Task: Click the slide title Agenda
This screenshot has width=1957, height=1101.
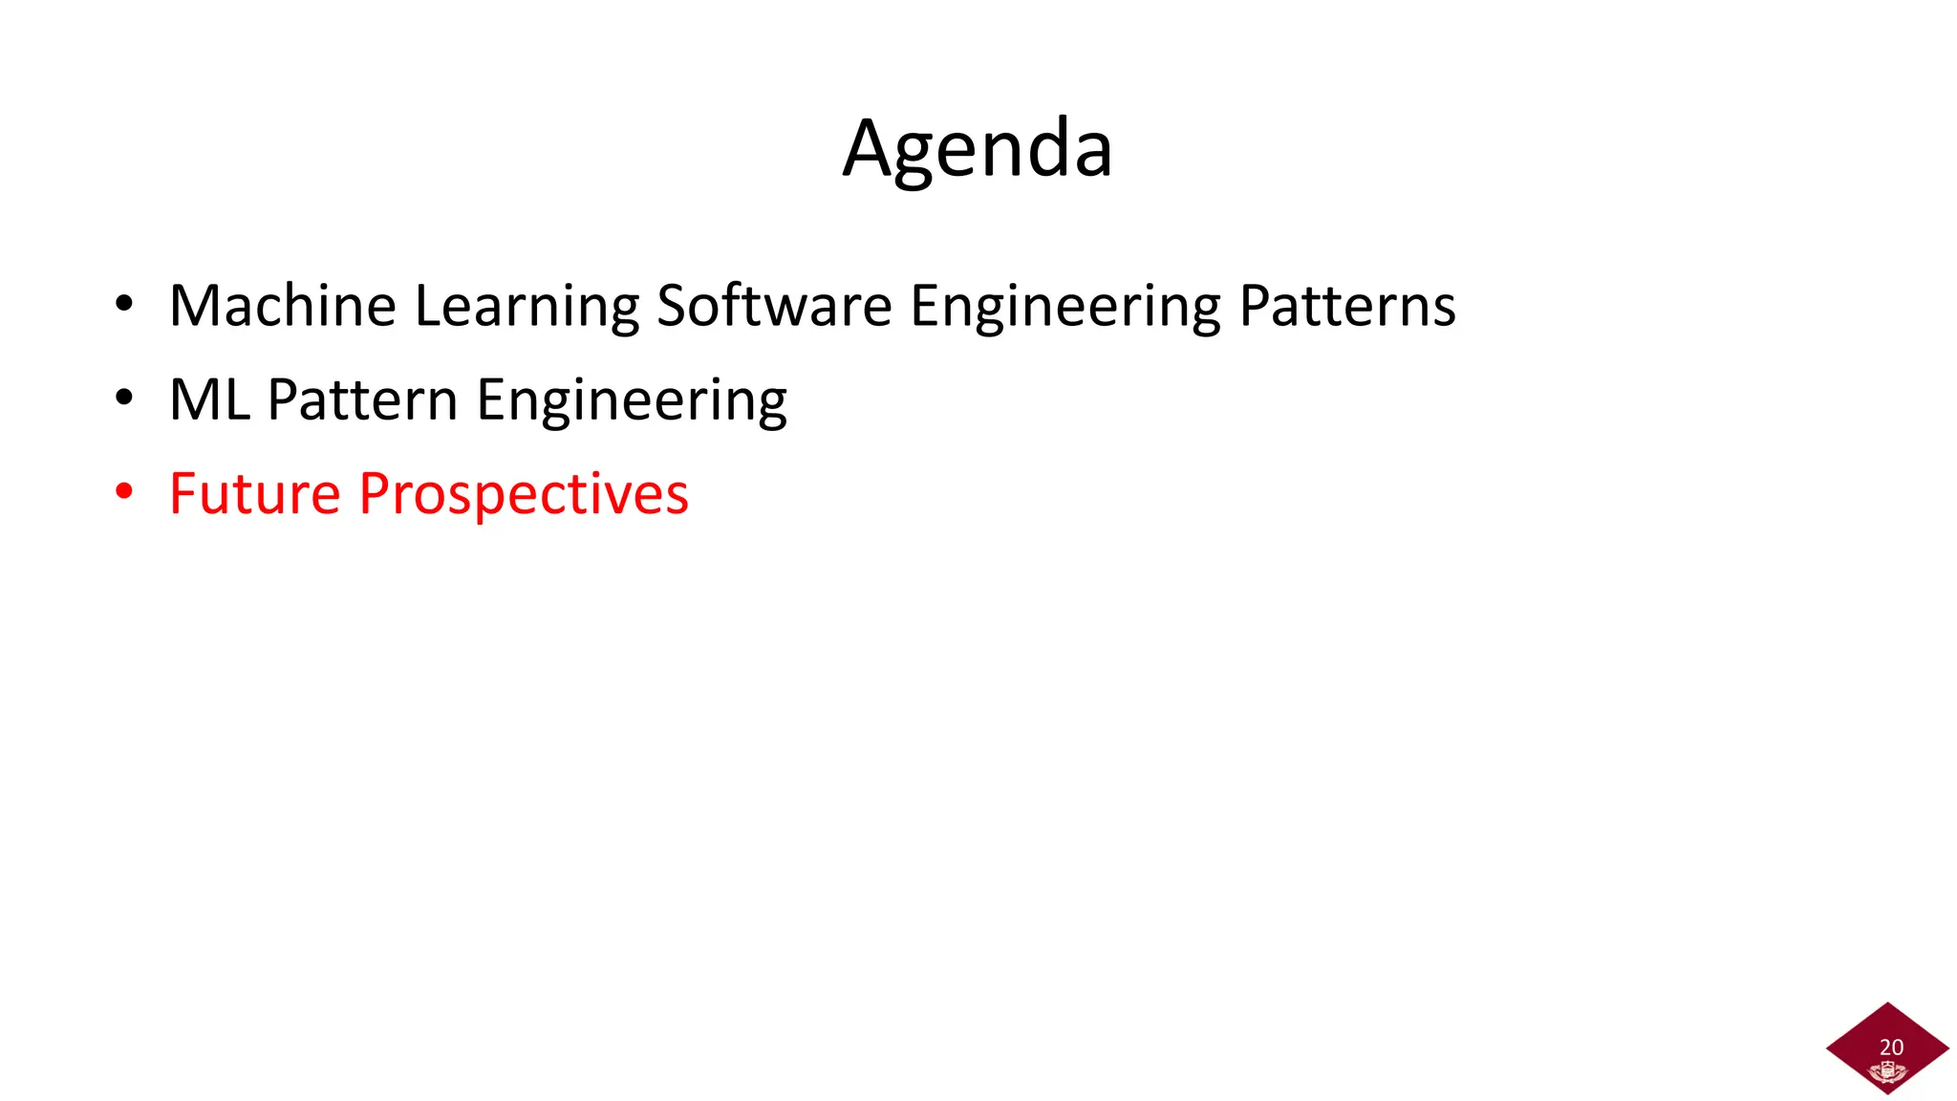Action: coord(978,149)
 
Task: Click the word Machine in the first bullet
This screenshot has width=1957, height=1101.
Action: coord(282,306)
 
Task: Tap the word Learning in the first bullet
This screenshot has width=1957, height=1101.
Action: coord(527,306)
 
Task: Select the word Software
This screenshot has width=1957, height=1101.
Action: coord(774,306)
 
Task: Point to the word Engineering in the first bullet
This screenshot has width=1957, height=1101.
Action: coord(1065,306)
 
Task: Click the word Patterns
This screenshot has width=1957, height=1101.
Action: coord(1347,306)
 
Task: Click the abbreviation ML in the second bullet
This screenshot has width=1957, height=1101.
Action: coord(209,399)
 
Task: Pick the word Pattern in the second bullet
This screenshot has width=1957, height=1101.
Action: coord(363,399)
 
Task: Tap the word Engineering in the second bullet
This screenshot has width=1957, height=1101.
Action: coord(632,399)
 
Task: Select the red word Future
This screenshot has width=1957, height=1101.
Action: coord(254,493)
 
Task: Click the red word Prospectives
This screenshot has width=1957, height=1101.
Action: coord(524,493)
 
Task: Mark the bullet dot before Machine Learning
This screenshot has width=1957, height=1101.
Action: coord(124,305)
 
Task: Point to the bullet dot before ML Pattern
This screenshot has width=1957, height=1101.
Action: coord(124,399)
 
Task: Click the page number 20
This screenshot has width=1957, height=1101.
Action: coord(1891,1047)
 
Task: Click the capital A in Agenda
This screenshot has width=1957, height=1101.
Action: coord(867,149)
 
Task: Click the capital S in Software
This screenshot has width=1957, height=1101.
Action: coord(673,306)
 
